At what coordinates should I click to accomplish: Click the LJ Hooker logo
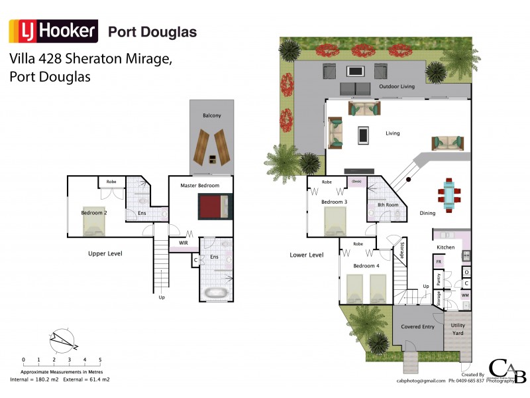(53, 31)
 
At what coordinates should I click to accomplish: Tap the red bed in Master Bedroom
(215, 206)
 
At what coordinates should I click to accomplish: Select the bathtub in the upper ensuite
(215, 293)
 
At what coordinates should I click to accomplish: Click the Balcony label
(212, 116)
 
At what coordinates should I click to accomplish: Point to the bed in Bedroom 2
(93, 224)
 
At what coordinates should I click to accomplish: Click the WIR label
(184, 243)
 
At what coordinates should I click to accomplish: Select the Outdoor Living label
(397, 87)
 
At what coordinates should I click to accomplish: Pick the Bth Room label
(388, 205)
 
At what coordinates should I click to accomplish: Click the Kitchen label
(445, 247)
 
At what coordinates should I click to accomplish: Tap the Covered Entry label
(418, 326)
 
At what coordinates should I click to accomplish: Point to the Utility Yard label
(458, 330)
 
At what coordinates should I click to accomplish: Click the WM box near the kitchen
(465, 295)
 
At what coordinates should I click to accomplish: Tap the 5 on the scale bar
(100, 360)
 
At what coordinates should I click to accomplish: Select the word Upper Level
(105, 253)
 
